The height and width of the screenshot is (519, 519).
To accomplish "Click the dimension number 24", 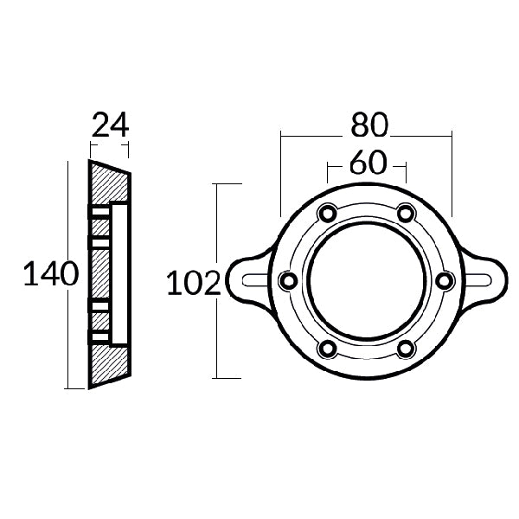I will [x=109, y=126].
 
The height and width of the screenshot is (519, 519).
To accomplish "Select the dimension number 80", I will [x=368, y=126].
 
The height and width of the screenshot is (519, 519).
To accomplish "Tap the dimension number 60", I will [x=368, y=163].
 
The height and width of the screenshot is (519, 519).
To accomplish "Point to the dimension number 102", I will [x=192, y=282].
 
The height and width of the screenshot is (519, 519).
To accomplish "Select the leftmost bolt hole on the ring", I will [x=288, y=280].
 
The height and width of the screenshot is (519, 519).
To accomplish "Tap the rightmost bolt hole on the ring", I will [x=444, y=280].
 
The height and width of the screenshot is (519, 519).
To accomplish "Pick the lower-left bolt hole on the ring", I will [x=327, y=348].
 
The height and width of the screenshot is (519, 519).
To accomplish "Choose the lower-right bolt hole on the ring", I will [x=405, y=348].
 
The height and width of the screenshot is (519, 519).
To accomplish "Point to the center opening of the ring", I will [x=366, y=280].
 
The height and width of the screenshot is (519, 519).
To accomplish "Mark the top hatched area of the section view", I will [x=107, y=183].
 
